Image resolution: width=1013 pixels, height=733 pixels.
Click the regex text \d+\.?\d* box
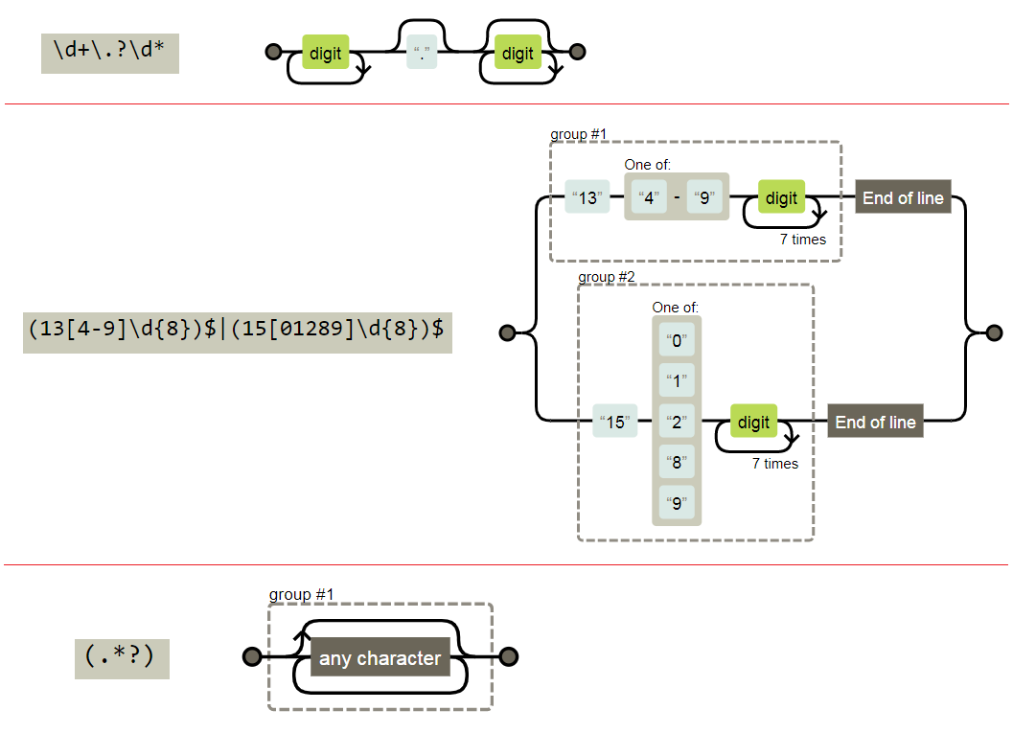(x=110, y=53)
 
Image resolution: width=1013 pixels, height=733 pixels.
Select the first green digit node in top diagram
(x=326, y=53)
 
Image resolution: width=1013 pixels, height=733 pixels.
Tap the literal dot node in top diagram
(x=422, y=53)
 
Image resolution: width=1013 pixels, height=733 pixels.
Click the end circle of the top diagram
(x=577, y=52)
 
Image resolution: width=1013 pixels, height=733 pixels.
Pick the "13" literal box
(x=587, y=198)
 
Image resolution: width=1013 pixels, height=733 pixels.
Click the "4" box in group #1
(x=650, y=198)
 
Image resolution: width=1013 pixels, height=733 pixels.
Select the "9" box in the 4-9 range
(x=704, y=198)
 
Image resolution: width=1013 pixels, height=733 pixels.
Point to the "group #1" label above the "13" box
(x=579, y=134)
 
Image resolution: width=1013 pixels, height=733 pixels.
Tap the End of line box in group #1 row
(x=903, y=197)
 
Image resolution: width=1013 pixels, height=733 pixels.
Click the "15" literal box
(x=615, y=422)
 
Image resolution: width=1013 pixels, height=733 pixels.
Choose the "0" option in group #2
(x=677, y=342)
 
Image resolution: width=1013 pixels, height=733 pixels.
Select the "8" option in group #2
(x=677, y=462)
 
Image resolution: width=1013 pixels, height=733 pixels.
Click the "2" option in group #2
(x=677, y=422)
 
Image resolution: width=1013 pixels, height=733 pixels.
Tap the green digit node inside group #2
(x=754, y=422)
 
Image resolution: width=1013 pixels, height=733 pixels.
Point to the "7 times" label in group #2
(x=775, y=464)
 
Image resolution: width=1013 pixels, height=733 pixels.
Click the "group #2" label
(x=607, y=277)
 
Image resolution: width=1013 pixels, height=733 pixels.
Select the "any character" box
(x=380, y=657)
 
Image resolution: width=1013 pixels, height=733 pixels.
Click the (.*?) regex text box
(x=122, y=658)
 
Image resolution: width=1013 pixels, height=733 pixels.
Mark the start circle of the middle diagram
(x=508, y=332)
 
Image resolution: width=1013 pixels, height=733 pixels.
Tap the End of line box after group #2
(x=875, y=422)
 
